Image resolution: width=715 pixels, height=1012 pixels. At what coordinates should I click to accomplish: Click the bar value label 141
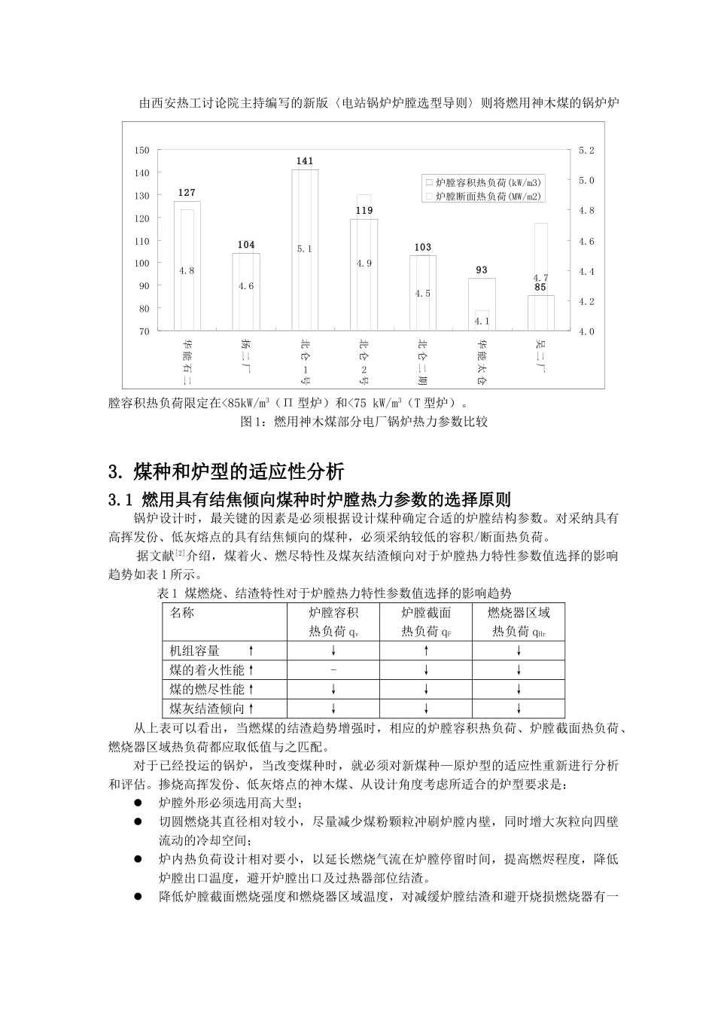tap(304, 161)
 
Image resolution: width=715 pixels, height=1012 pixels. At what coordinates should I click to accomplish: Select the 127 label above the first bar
tap(187, 193)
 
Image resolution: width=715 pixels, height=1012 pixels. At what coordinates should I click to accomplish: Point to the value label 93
tap(482, 270)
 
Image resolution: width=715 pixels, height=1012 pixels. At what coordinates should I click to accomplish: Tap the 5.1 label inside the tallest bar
tap(304, 249)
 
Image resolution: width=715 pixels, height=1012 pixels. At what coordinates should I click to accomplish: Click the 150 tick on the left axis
tap(141, 151)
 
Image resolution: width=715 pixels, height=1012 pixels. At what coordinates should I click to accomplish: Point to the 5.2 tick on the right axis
tap(587, 151)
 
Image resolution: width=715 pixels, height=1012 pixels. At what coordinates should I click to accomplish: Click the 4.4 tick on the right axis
tap(587, 271)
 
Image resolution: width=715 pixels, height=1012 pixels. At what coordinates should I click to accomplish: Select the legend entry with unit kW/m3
tap(485, 182)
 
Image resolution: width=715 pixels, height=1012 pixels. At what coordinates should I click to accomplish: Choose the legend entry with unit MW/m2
tap(485, 196)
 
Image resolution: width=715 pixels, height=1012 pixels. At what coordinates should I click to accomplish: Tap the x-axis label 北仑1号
tap(304, 361)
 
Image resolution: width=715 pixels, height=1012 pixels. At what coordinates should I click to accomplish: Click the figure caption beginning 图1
tap(364, 422)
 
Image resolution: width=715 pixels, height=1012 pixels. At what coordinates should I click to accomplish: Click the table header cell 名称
tap(182, 613)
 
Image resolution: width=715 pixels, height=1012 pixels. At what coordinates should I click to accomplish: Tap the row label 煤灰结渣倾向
tap(207, 708)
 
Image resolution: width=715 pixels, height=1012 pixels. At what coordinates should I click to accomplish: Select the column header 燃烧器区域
tap(519, 613)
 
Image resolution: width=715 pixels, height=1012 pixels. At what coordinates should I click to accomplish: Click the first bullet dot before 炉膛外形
tap(137, 803)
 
